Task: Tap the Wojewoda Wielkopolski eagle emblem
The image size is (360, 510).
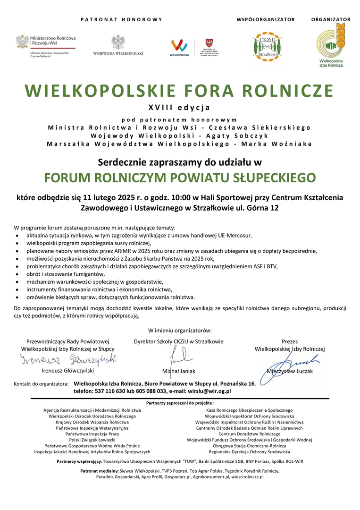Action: (x=118, y=42)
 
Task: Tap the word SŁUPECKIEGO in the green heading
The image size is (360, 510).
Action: (x=276, y=178)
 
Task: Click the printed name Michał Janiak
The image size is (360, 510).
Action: (x=179, y=371)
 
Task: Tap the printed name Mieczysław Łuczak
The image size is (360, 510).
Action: (x=290, y=371)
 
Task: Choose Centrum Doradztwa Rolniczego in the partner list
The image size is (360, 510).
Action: (x=249, y=433)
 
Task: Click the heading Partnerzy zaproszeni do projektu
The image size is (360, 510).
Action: (x=180, y=403)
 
